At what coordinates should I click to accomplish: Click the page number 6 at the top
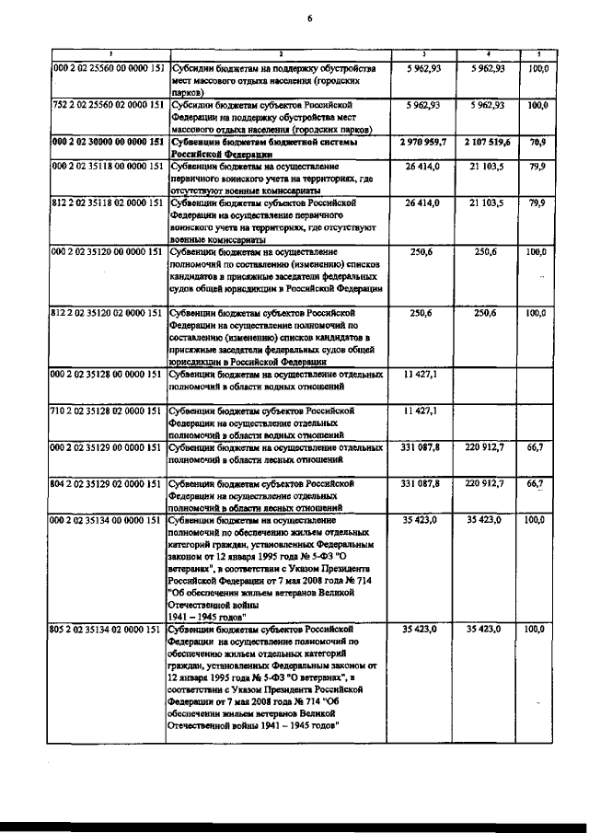coord(310,17)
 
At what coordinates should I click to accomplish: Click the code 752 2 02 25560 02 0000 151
coord(109,106)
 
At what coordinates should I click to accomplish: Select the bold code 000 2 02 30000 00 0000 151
coord(109,143)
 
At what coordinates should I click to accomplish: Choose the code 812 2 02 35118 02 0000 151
coord(109,202)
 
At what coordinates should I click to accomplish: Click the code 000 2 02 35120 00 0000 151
coord(109,250)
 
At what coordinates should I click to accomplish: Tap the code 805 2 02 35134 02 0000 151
coord(109,631)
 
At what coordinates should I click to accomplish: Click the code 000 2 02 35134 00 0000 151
coord(109,520)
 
